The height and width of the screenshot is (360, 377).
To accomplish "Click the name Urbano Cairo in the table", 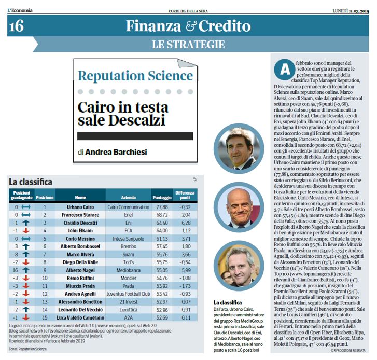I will tap(80, 206).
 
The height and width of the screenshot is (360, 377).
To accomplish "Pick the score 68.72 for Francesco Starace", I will tap(161, 214).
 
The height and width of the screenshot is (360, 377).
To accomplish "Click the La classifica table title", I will tap(31, 182).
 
